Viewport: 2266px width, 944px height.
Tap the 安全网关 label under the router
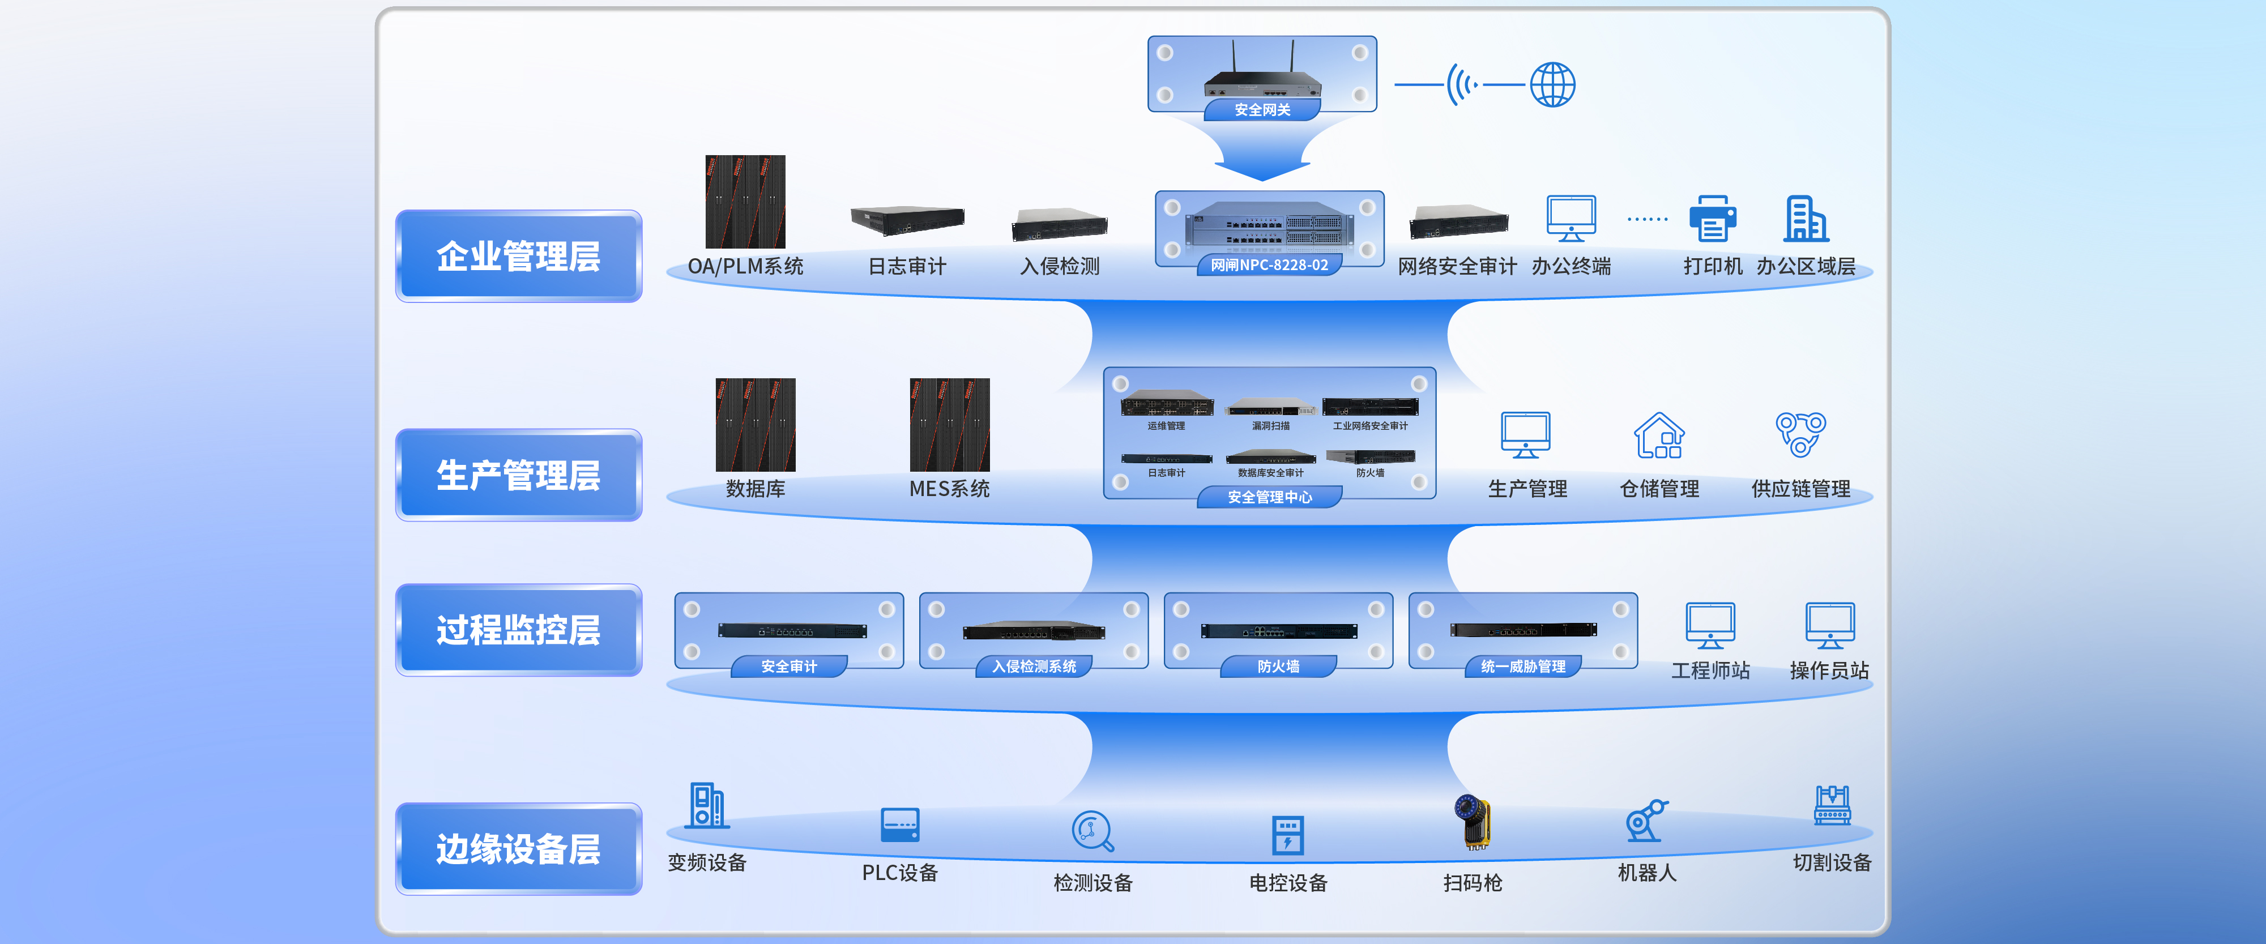[x=1262, y=110]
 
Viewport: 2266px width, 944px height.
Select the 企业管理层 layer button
[x=518, y=256]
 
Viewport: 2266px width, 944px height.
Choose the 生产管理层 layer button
[x=518, y=475]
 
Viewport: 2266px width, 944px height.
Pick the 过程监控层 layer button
[x=518, y=630]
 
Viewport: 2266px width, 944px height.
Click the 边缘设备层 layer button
[x=518, y=849]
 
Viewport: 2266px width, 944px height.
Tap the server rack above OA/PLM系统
[x=745, y=202]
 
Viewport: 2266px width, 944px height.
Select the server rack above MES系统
[x=949, y=425]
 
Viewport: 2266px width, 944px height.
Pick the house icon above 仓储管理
[x=1659, y=435]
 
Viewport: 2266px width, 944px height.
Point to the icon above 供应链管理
[x=1800, y=434]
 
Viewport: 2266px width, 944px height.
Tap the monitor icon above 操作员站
[x=1830, y=626]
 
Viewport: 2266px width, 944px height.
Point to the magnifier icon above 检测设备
[x=1093, y=831]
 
